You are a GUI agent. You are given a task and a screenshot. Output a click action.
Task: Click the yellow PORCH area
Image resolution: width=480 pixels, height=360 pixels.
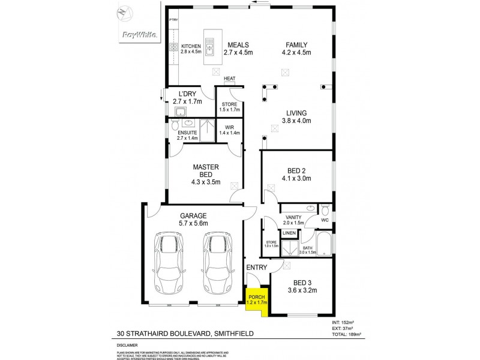pyautogui.click(x=256, y=299)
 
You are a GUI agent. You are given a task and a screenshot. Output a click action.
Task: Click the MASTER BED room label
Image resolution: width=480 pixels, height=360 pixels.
pyautogui.click(x=206, y=170)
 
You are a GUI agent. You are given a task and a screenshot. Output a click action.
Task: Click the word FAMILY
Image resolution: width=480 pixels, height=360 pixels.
pyautogui.click(x=296, y=45)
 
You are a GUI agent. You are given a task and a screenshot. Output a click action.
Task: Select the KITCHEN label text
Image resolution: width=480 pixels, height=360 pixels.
pyautogui.click(x=191, y=46)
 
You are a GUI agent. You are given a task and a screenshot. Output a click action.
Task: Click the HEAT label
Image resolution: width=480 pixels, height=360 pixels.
pyautogui.click(x=229, y=79)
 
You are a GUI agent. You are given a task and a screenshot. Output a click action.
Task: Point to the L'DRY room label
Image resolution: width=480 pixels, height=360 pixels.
pyautogui.click(x=189, y=94)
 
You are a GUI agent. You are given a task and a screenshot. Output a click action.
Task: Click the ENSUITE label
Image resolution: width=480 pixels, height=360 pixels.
pyautogui.click(x=187, y=133)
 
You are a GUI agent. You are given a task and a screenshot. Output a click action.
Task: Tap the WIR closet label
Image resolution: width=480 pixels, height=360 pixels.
pyautogui.click(x=229, y=127)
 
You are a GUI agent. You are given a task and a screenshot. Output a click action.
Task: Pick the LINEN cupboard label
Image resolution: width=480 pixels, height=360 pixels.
pyautogui.click(x=289, y=233)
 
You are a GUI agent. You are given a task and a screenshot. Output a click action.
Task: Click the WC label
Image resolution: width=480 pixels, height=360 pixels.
pyautogui.click(x=325, y=220)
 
